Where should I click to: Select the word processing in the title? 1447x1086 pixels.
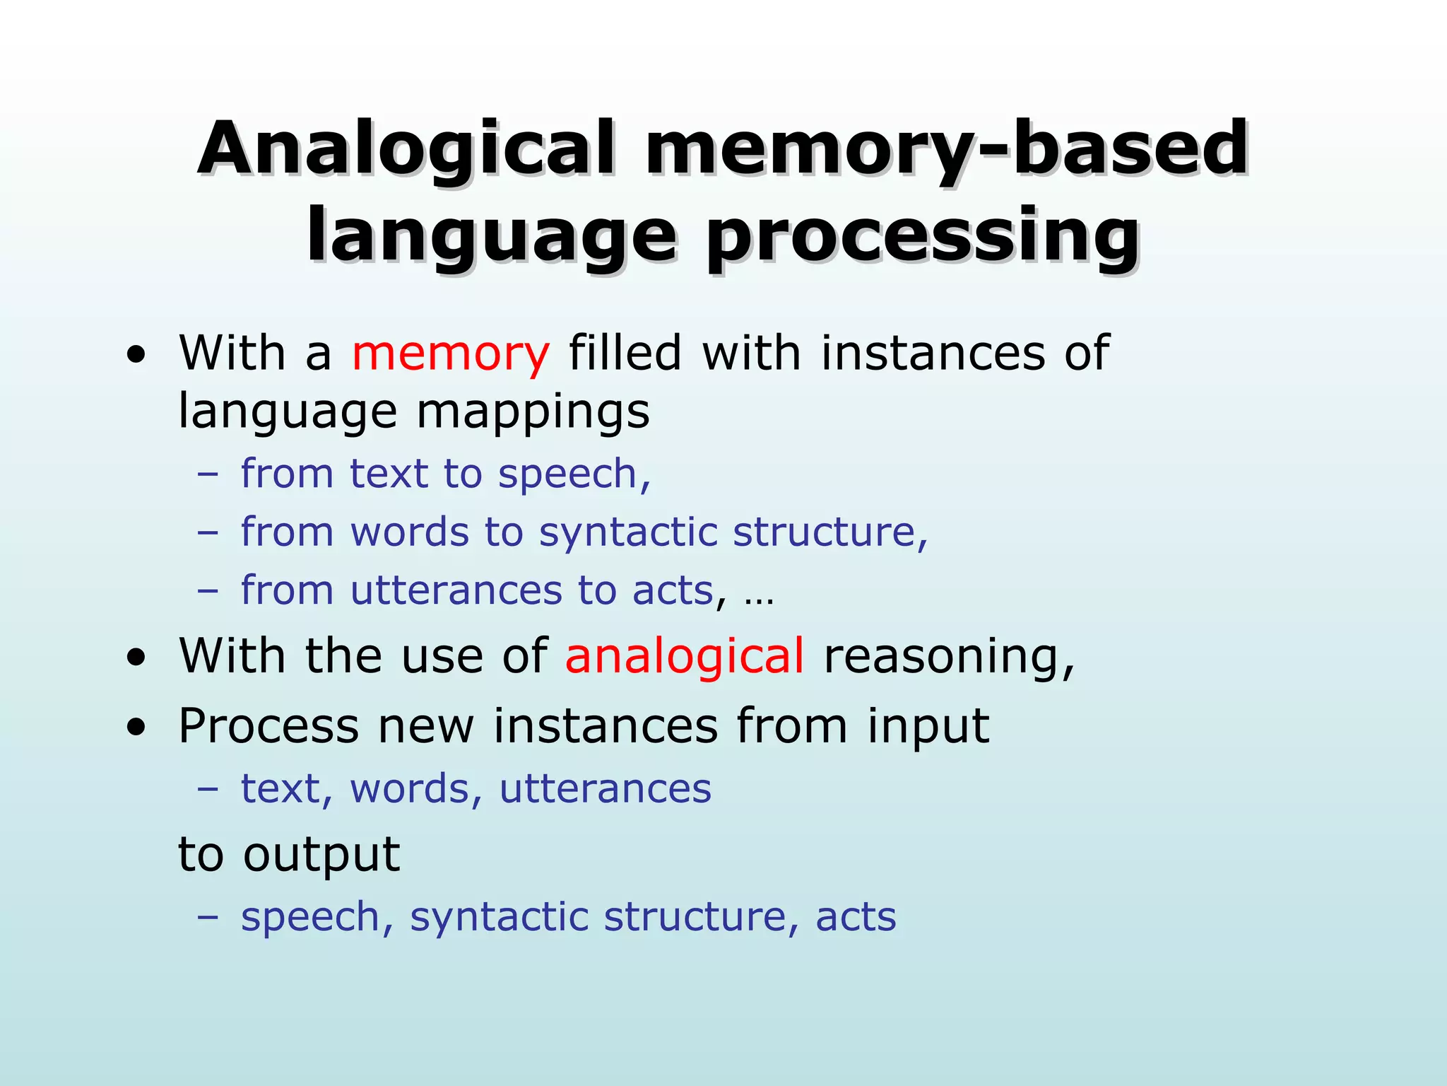tap(922, 237)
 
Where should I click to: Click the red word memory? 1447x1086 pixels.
tap(450, 354)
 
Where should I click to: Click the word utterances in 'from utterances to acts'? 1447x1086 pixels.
tap(456, 590)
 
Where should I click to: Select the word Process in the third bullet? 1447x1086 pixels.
tap(268, 727)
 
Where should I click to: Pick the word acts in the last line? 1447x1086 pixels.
tap(856, 918)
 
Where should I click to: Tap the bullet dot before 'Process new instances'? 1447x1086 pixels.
tap(136, 729)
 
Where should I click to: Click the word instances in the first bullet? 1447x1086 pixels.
tap(932, 354)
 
